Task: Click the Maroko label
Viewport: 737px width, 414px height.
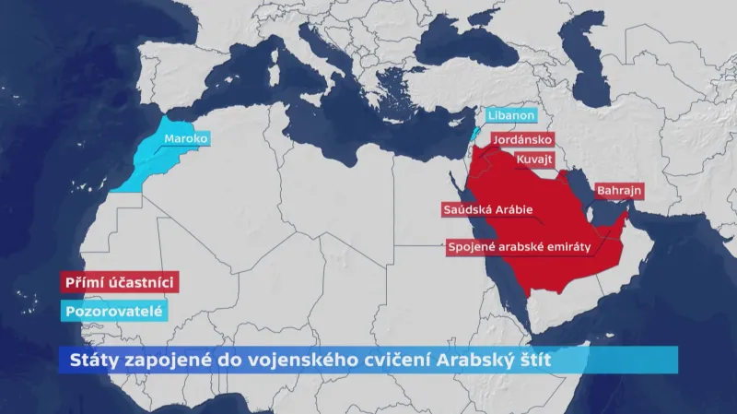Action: pos(186,139)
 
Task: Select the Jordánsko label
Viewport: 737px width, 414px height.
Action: pos(522,140)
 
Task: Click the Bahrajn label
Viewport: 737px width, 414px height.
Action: pos(619,191)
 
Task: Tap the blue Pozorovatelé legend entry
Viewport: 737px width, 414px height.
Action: pos(113,312)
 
